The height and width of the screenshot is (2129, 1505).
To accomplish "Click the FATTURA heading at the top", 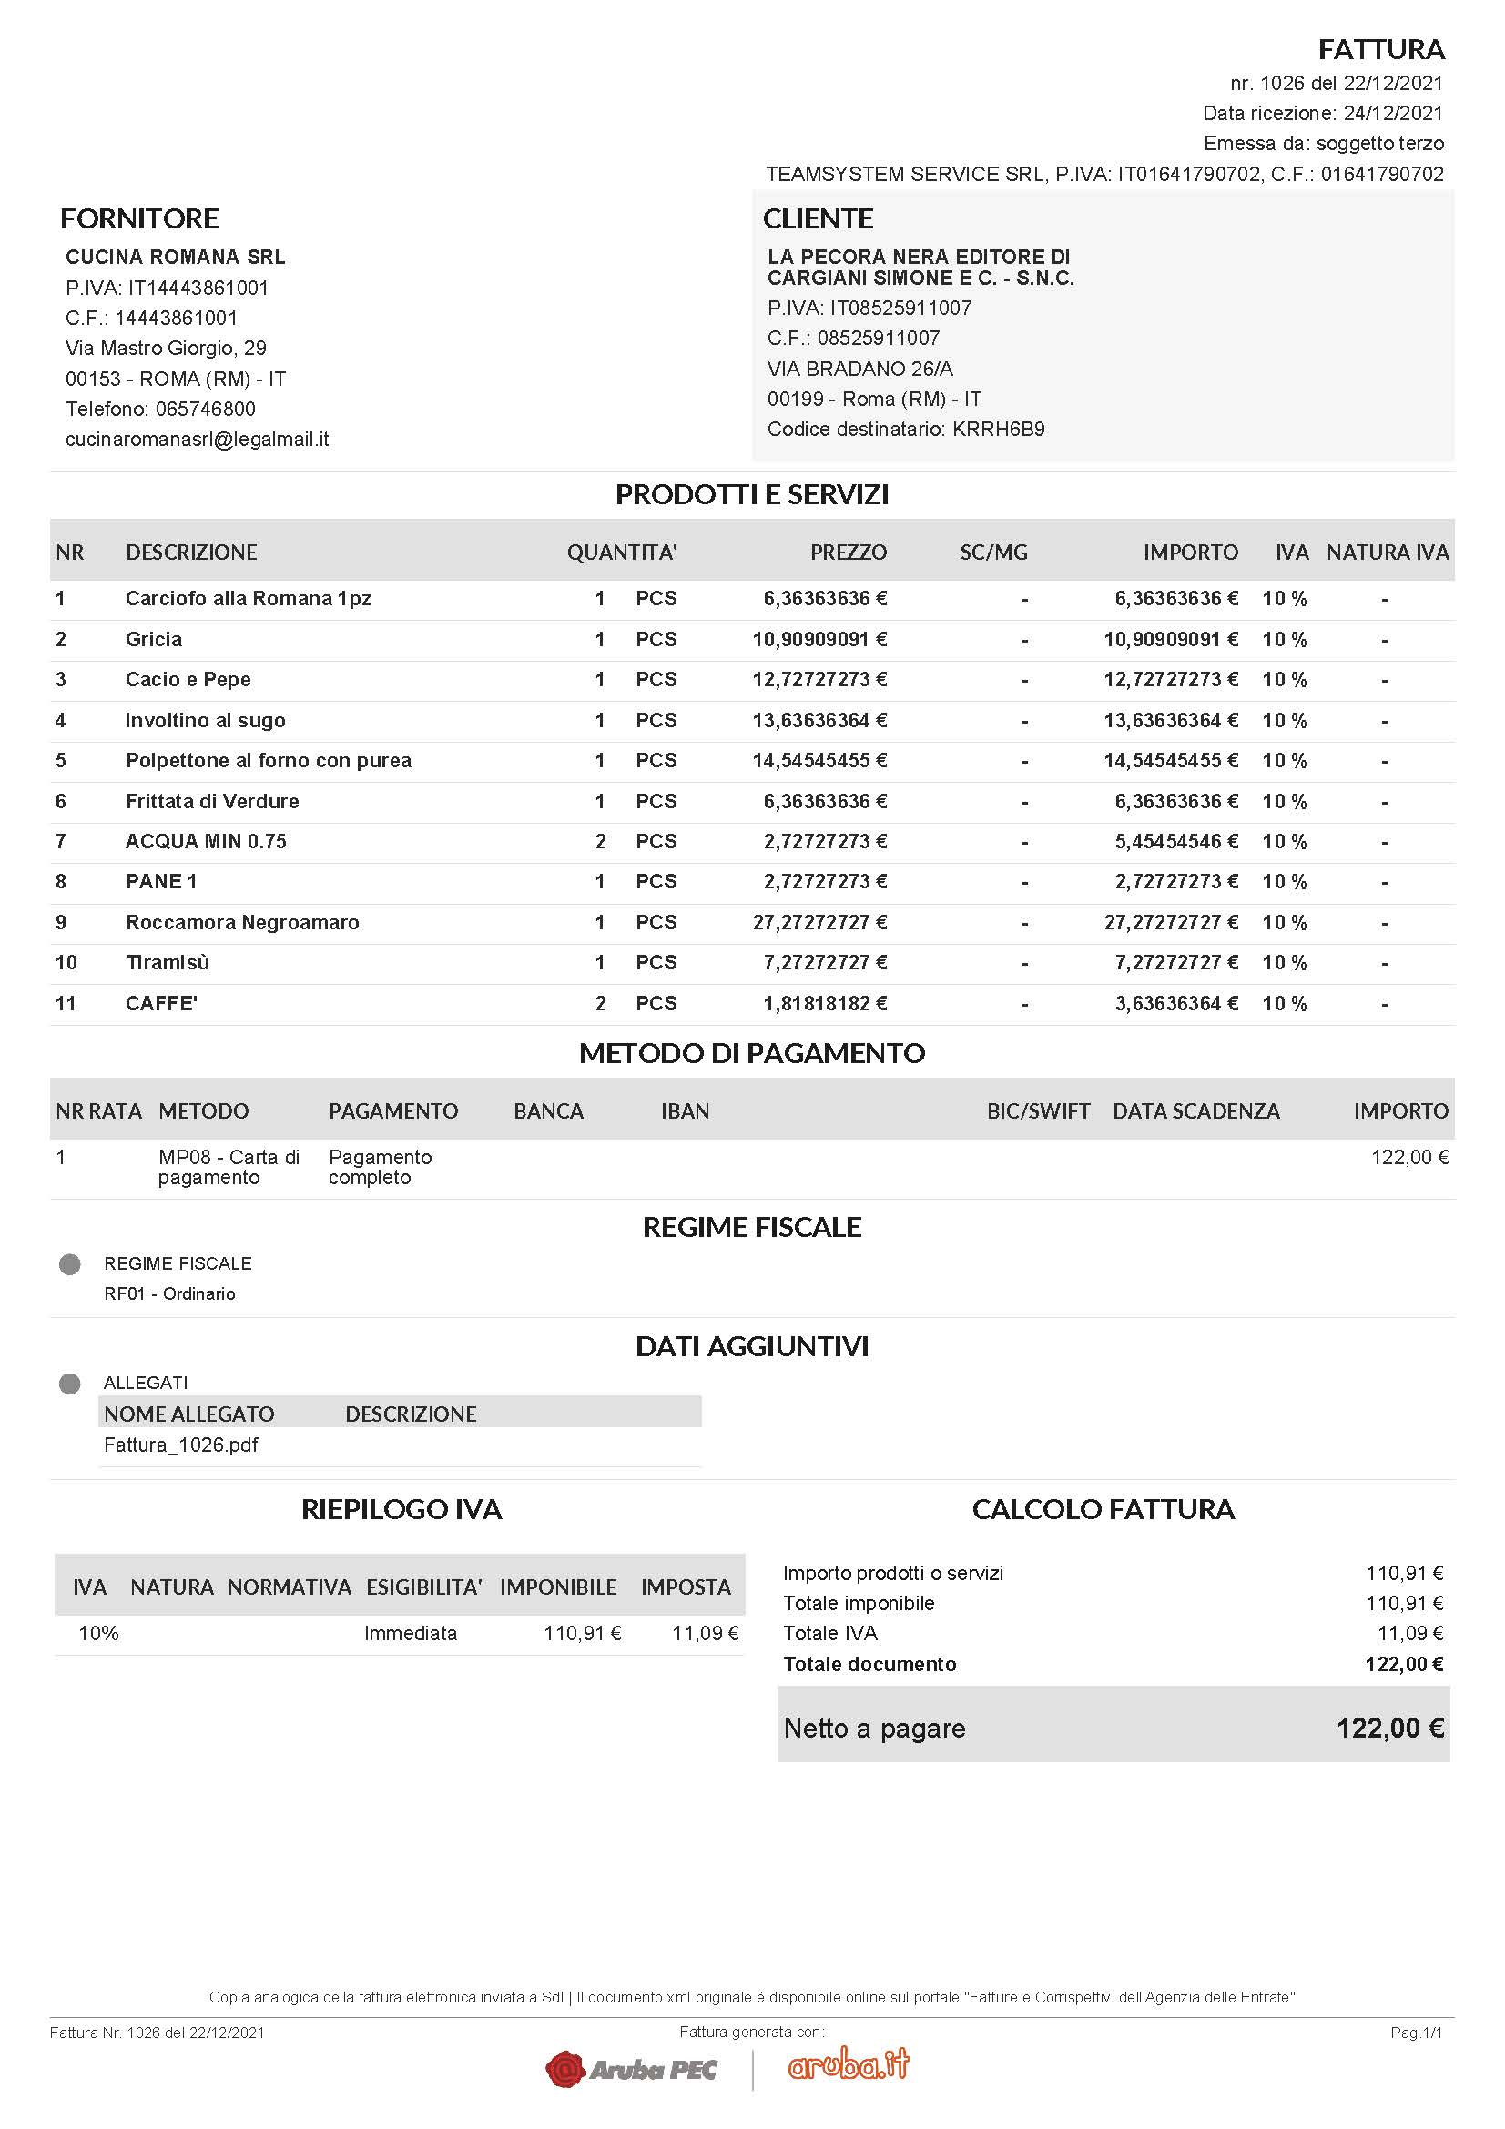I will (1381, 49).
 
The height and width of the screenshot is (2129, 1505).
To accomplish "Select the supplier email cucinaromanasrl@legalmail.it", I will (197, 440).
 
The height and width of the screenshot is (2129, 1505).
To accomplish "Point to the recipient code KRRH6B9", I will (998, 430).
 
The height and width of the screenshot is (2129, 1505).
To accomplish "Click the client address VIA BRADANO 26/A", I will (859, 369).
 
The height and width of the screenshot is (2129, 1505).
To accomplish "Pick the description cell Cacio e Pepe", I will (188, 680).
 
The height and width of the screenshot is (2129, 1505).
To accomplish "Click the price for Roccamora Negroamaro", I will (819, 923).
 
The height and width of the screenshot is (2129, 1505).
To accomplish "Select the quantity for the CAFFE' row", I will (600, 1003).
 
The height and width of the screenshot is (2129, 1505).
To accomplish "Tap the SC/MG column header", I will (993, 553).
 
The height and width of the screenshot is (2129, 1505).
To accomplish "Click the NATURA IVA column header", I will (1388, 553).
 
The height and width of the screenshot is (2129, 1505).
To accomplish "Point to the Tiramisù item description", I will (168, 962).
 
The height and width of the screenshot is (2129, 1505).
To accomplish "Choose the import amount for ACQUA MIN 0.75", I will (1175, 842).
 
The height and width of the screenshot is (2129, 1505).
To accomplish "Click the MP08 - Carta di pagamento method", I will (229, 1168).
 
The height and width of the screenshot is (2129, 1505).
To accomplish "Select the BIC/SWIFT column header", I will (1038, 1110).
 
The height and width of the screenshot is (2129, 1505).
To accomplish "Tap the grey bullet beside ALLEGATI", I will (69, 1384).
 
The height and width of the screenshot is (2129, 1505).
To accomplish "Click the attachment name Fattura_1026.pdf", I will (181, 1445).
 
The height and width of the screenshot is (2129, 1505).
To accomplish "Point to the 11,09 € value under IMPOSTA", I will (705, 1633).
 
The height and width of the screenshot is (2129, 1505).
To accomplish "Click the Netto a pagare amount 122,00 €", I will (1389, 1728).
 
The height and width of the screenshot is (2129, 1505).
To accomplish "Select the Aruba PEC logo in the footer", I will (632, 2069).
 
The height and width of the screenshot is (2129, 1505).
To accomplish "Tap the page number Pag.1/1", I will (1416, 2033).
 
